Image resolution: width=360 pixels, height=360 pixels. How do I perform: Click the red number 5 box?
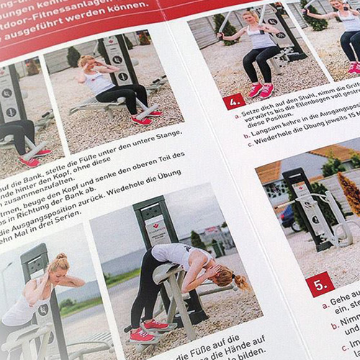[320, 283]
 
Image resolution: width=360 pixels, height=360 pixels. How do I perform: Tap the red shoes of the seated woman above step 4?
[261, 89]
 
